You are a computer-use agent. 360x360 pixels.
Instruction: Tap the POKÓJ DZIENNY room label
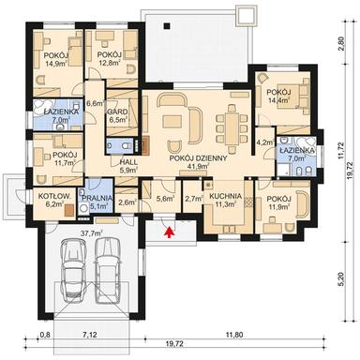point(198,158)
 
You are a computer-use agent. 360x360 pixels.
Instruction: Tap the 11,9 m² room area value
point(278,208)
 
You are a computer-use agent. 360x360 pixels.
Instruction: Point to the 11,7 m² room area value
point(64,163)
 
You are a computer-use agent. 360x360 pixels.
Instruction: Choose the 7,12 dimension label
point(90,333)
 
